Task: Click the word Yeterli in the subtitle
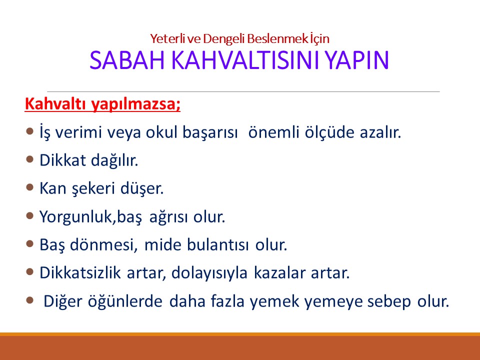coord(164,38)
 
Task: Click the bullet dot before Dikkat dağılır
coord(29,159)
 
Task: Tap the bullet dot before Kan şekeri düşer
coord(29,188)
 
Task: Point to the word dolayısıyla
coord(213,274)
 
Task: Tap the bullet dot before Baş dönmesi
coord(29,244)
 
